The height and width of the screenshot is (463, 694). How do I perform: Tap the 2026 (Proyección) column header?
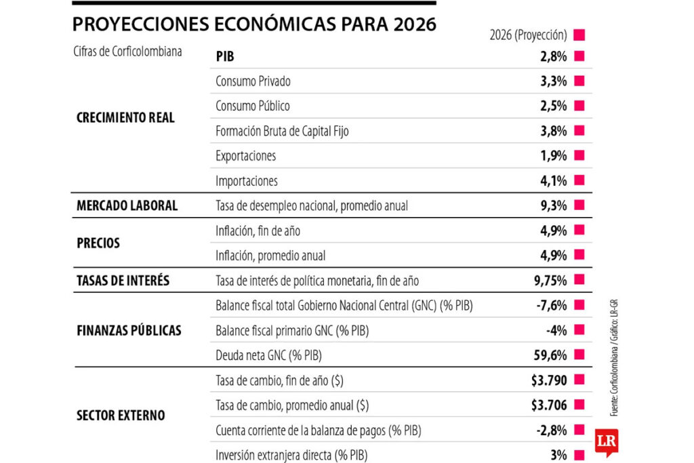[x=527, y=35]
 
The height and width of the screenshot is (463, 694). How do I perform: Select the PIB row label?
[x=225, y=56]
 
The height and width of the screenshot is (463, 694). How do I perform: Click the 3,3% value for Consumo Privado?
[x=553, y=81]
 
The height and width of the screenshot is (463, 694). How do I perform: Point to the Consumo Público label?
[x=253, y=106]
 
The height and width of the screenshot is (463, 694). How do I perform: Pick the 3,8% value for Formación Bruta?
[x=553, y=132]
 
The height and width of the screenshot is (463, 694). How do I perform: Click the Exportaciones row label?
[x=245, y=156]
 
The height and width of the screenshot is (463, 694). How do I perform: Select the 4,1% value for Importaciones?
[x=553, y=181]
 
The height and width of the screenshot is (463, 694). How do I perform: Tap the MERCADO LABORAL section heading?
[x=127, y=205]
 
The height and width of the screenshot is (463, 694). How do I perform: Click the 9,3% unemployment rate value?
[x=553, y=205]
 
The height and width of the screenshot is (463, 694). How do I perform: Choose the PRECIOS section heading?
[x=98, y=243]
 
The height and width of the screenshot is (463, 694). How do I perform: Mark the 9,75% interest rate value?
[x=550, y=280]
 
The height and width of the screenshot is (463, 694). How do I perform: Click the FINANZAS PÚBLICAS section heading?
[x=129, y=330]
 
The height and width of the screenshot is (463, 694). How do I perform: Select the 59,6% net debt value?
[x=550, y=355]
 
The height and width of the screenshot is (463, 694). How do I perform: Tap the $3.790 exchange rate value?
[x=549, y=380]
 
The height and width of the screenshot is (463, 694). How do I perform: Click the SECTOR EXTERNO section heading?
[x=121, y=415]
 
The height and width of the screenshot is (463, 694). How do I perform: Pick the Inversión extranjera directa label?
[x=293, y=456]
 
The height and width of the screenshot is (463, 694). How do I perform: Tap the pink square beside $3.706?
[x=579, y=405]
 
